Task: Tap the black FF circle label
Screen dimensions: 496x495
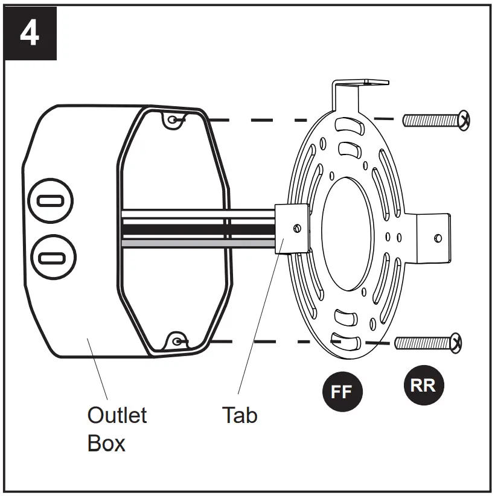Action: point(341,392)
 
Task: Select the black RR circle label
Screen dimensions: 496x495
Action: point(423,385)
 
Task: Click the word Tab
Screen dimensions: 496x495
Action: point(240,415)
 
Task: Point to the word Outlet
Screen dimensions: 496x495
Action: point(117,415)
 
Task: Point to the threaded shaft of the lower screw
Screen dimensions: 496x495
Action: point(423,343)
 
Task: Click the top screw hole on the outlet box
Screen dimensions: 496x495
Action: point(174,120)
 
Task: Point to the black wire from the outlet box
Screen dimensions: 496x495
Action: point(199,230)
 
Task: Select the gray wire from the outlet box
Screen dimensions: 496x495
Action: point(199,243)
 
